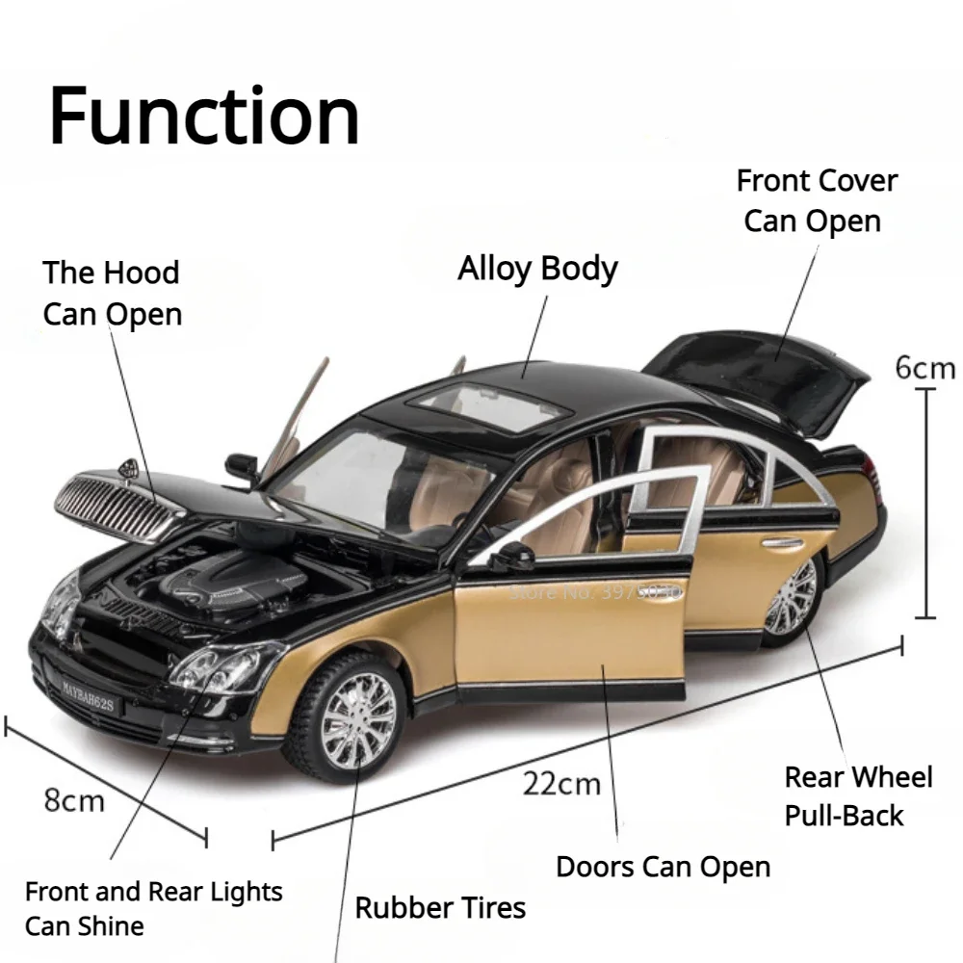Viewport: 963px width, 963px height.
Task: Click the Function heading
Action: point(204,116)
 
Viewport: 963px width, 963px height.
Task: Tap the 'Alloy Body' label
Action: point(537,269)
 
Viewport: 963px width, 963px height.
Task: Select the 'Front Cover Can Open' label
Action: point(816,200)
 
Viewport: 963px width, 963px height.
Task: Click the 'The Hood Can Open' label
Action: point(112,293)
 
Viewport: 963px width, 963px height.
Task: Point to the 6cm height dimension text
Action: point(924,368)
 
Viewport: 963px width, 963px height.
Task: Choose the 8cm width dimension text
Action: point(74,799)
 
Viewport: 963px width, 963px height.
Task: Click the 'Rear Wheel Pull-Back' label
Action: point(857,795)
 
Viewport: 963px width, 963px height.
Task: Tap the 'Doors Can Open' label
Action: point(663,866)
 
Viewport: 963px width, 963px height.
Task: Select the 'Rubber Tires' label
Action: point(440,906)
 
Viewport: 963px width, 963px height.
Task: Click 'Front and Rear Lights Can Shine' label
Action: point(153,908)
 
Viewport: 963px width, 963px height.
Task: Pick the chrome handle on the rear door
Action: point(781,543)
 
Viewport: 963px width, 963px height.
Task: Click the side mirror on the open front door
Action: point(514,557)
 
